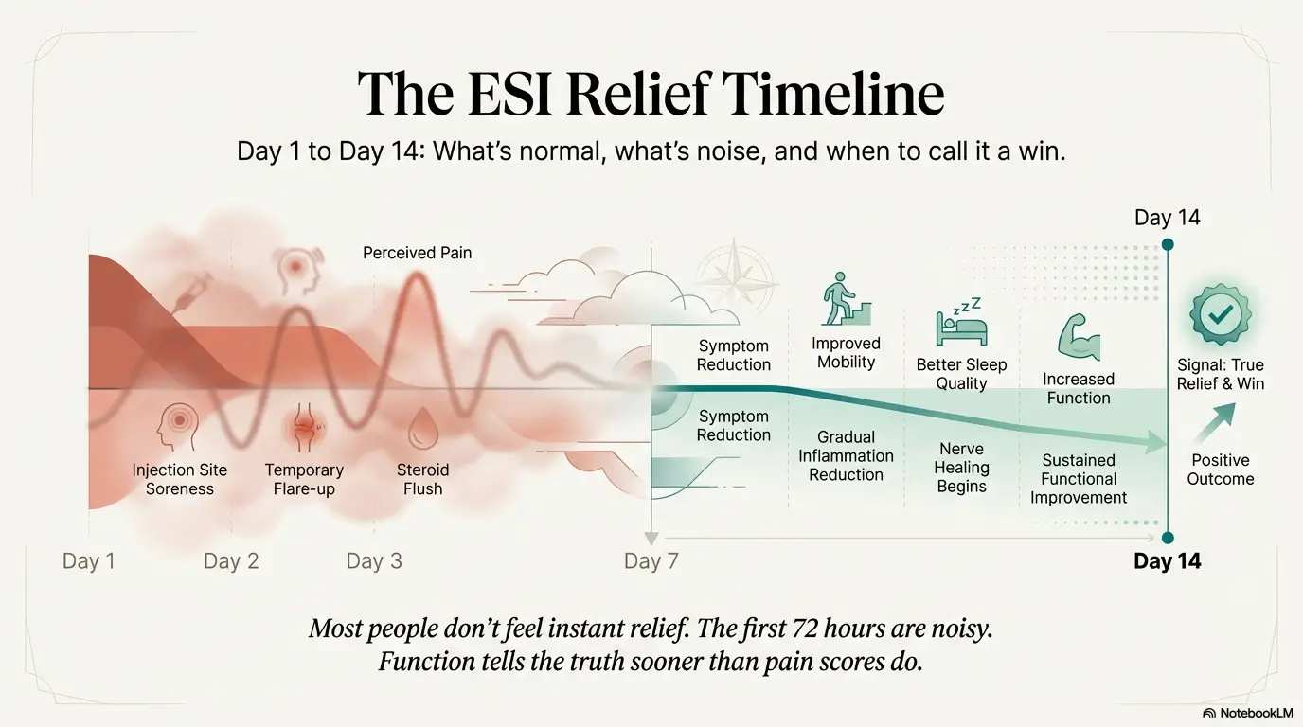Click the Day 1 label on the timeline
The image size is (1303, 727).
(88, 561)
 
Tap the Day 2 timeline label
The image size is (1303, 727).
(231, 561)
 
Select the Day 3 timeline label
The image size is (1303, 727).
(374, 561)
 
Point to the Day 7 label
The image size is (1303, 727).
(651, 561)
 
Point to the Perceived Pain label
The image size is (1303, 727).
(417, 253)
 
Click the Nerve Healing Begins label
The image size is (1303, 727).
(961, 468)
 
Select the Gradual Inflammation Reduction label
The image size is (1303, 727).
(846, 456)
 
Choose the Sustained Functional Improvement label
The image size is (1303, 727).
(1079, 479)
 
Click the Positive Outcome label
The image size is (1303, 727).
(1221, 470)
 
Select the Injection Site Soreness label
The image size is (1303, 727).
(180, 480)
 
